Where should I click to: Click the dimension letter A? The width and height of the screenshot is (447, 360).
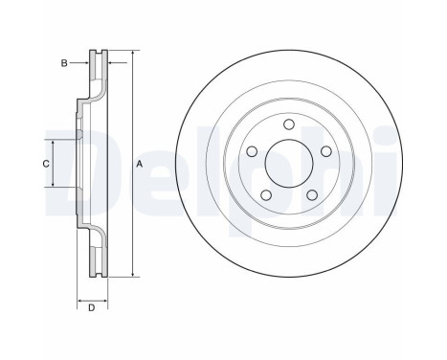(139, 164)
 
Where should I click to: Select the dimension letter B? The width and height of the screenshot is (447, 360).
(64, 63)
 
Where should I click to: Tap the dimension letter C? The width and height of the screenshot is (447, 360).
(46, 164)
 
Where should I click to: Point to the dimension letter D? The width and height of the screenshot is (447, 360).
(92, 308)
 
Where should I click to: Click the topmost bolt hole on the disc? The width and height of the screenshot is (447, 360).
(289, 124)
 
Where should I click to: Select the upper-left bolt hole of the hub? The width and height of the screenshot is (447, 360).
(253, 151)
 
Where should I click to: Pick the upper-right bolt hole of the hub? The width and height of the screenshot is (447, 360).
(325, 151)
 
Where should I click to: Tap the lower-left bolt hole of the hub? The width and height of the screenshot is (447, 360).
(266, 195)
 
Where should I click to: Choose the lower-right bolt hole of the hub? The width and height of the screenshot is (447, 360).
(312, 195)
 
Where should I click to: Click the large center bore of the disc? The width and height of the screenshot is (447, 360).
(289, 164)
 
